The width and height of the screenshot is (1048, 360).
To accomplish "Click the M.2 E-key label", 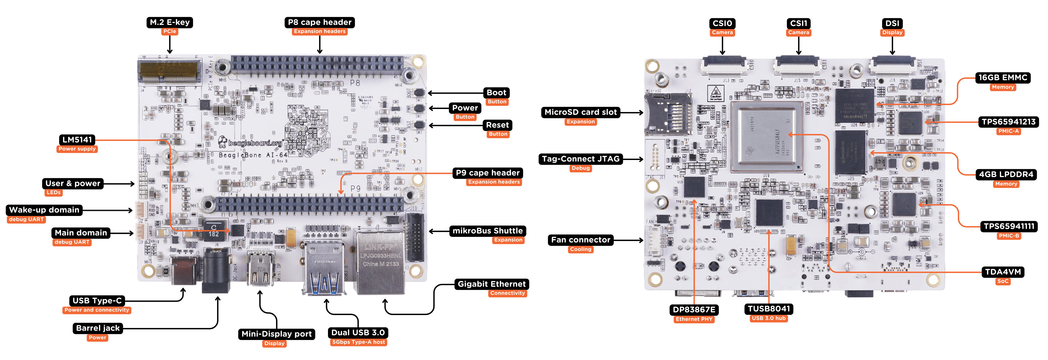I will pos(170,22).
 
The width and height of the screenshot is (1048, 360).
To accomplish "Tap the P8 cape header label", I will pos(319,22).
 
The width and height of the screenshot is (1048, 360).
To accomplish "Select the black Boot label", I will pos(496,93).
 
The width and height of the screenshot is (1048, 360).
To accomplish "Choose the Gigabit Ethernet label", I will pos(491,284).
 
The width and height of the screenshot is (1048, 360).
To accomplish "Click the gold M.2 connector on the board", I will pos(170,72).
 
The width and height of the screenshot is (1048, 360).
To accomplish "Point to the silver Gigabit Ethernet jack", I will pos(380,262).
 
